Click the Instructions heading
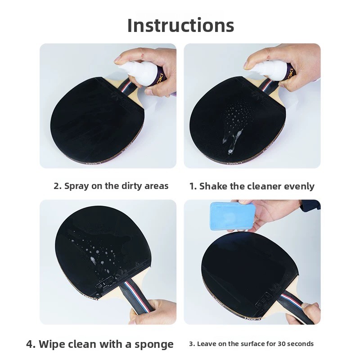(181, 25)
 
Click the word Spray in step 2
(76, 186)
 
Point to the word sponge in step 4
(154, 344)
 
